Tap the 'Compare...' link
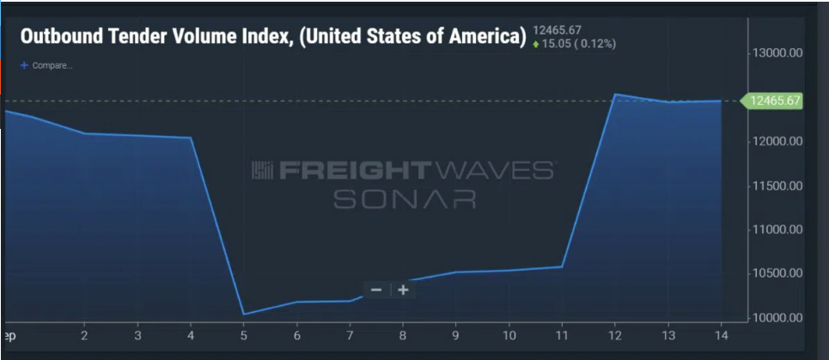coord(52,65)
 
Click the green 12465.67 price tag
coord(775,101)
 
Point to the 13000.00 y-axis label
coord(776,52)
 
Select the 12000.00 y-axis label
coord(776,141)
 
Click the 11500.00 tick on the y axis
coord(776,186)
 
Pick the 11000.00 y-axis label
coord(776,229)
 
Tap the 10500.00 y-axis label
coord(776,273)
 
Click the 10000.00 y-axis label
coord(776,318)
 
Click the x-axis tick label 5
coord(244,336)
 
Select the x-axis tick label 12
coord(616,336)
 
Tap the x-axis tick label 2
coord(84,336)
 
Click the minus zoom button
coord(376,290)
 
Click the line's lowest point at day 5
coord(244,314)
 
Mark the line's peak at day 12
coord(616,95)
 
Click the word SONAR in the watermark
coord(405,199)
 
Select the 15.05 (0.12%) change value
coord(577,44)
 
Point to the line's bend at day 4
coord(191,137)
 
